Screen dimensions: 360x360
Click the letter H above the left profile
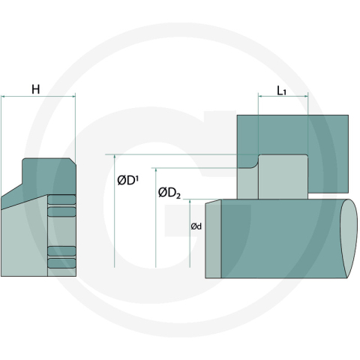click(x=35, y=89)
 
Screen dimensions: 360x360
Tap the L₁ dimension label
click(x=281, y=91)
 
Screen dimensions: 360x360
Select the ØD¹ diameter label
click(x=127, y=181)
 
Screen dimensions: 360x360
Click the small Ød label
click(x=196, y=226)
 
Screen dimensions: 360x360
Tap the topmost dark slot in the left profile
click(x=61, y=199)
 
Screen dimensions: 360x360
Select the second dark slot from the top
click(x=61, y=212)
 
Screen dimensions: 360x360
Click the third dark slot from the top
click(x=61, y=250)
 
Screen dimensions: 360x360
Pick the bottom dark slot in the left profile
click(x=61, y=262)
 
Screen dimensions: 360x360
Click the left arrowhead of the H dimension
click(x=4, y=96)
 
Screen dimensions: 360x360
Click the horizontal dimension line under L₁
click(x=282, y=97)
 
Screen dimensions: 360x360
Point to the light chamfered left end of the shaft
click(x=213, y=239)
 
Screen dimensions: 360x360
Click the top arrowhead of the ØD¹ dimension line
click(x=114, y=157)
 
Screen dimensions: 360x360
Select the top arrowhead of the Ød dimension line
click(x=190, y=202)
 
